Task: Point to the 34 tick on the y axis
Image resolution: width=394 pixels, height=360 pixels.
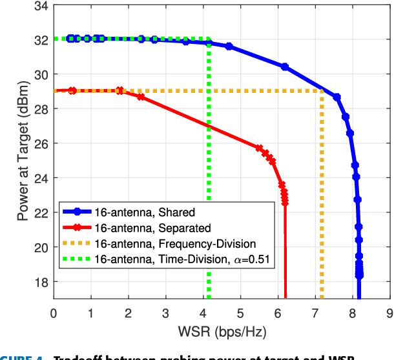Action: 39,6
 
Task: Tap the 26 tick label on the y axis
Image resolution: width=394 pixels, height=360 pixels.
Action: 39,143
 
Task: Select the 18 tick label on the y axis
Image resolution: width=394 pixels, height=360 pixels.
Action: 39,282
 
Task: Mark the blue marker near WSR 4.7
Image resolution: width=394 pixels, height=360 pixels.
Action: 229,46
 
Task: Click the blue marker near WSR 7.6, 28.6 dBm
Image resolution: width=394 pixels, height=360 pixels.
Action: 337,97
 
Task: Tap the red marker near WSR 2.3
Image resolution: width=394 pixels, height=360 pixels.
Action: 141,97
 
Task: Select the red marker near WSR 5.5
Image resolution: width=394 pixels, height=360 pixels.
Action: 260,148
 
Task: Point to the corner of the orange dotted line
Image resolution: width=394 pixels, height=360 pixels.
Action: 322,90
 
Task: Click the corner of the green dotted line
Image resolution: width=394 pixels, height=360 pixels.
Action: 209,39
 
